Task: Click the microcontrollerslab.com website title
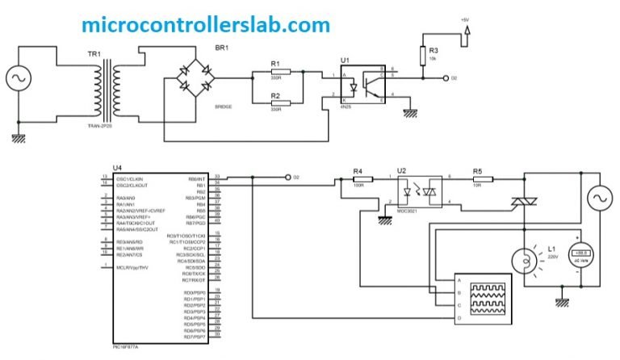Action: click(x=206, y=24)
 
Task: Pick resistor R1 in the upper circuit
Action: click(x=275, y=73)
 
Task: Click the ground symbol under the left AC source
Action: click(x=17, y=138)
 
